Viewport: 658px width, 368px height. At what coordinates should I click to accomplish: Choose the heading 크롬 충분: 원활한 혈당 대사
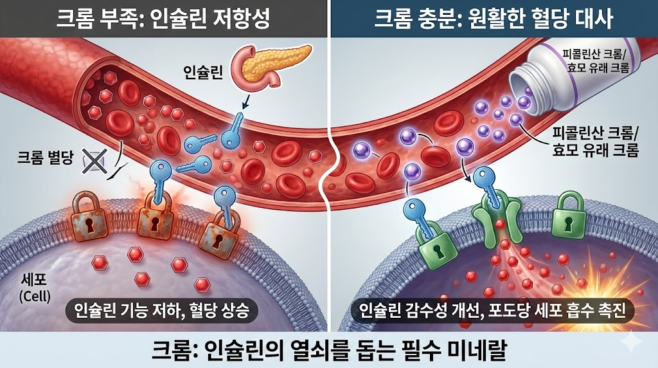[493, 18]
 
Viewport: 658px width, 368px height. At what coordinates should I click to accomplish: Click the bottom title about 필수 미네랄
[329, 351]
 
